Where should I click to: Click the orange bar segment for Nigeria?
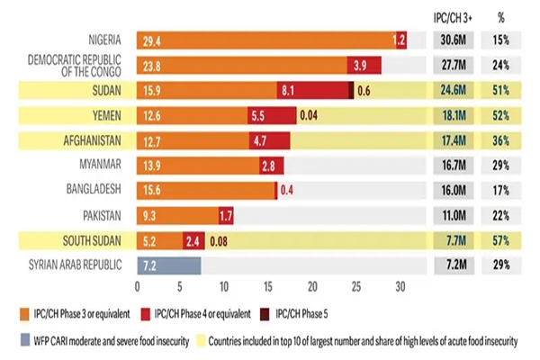tap(261, 40)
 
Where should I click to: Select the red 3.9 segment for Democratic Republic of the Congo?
tap(364, 66)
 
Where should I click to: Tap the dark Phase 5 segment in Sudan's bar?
tap(351, 90)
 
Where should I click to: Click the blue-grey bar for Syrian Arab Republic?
tap(168, 265)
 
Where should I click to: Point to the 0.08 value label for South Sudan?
tap(219, 241)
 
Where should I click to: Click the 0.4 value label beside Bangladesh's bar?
tap(288, 191)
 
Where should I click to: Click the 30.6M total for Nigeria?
tap(446, 40)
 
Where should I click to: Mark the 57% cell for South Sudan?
tap(501, 241)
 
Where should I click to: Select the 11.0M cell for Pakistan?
tap(446, 216)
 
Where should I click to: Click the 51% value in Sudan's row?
tap(501, 90)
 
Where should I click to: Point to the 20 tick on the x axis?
tap(312, 287)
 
